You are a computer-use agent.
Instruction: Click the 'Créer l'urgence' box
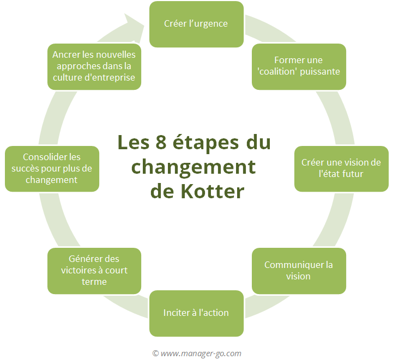click(x=196, y=24)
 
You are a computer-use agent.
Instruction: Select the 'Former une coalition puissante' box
click(x=299, y=66)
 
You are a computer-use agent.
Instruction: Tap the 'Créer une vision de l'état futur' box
click(x=341, y=168)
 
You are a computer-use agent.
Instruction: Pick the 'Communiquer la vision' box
click(x=299, y=271)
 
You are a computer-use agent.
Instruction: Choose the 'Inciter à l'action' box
click(x=196, y=313)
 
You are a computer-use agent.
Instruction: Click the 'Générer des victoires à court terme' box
click(x=94, y=271)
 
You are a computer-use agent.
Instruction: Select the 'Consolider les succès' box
click(x=52, y=168)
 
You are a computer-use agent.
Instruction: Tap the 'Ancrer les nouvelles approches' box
click(x=94, y=66)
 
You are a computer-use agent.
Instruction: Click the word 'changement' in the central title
click(x=194, y=167)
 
